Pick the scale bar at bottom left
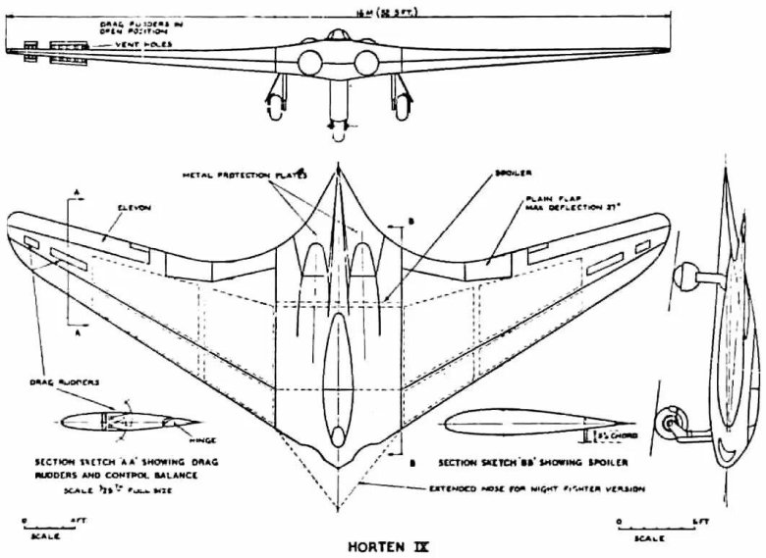[43, 525]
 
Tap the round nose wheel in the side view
[673, 427]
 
